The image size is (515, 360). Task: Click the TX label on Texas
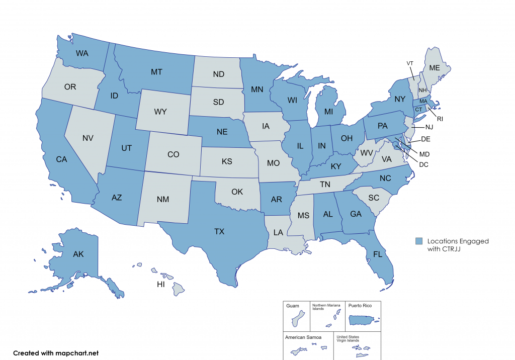point(219,232)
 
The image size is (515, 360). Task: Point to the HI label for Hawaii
point(161,284)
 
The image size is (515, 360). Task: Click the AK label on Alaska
point(78,254)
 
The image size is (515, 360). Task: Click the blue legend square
point(419,241)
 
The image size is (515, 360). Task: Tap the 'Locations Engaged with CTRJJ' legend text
point(458,245)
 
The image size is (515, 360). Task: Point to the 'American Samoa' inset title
point(303,337)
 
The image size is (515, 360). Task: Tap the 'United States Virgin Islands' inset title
point(348,338)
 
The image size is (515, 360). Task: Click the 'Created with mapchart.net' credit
point(56,353)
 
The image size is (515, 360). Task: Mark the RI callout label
point(440,119)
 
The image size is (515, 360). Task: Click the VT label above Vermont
point(410,63)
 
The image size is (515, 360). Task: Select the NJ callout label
point(428,128)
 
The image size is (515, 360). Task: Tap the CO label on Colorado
point(173,154)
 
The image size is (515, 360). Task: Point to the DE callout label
point(425,138)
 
